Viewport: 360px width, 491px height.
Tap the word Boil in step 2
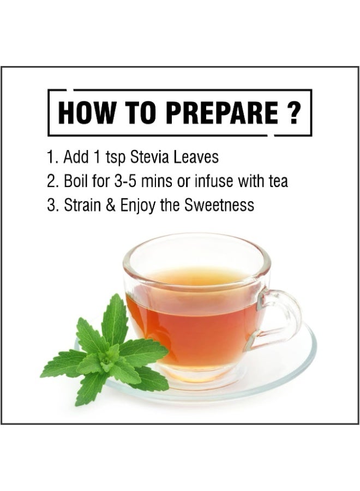point(76,181)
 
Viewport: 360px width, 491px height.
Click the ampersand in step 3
point(110,205)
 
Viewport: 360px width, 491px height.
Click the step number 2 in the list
point(50,181)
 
